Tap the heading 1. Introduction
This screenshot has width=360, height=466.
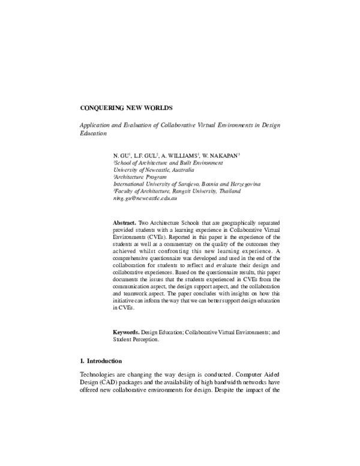pos(101,362)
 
